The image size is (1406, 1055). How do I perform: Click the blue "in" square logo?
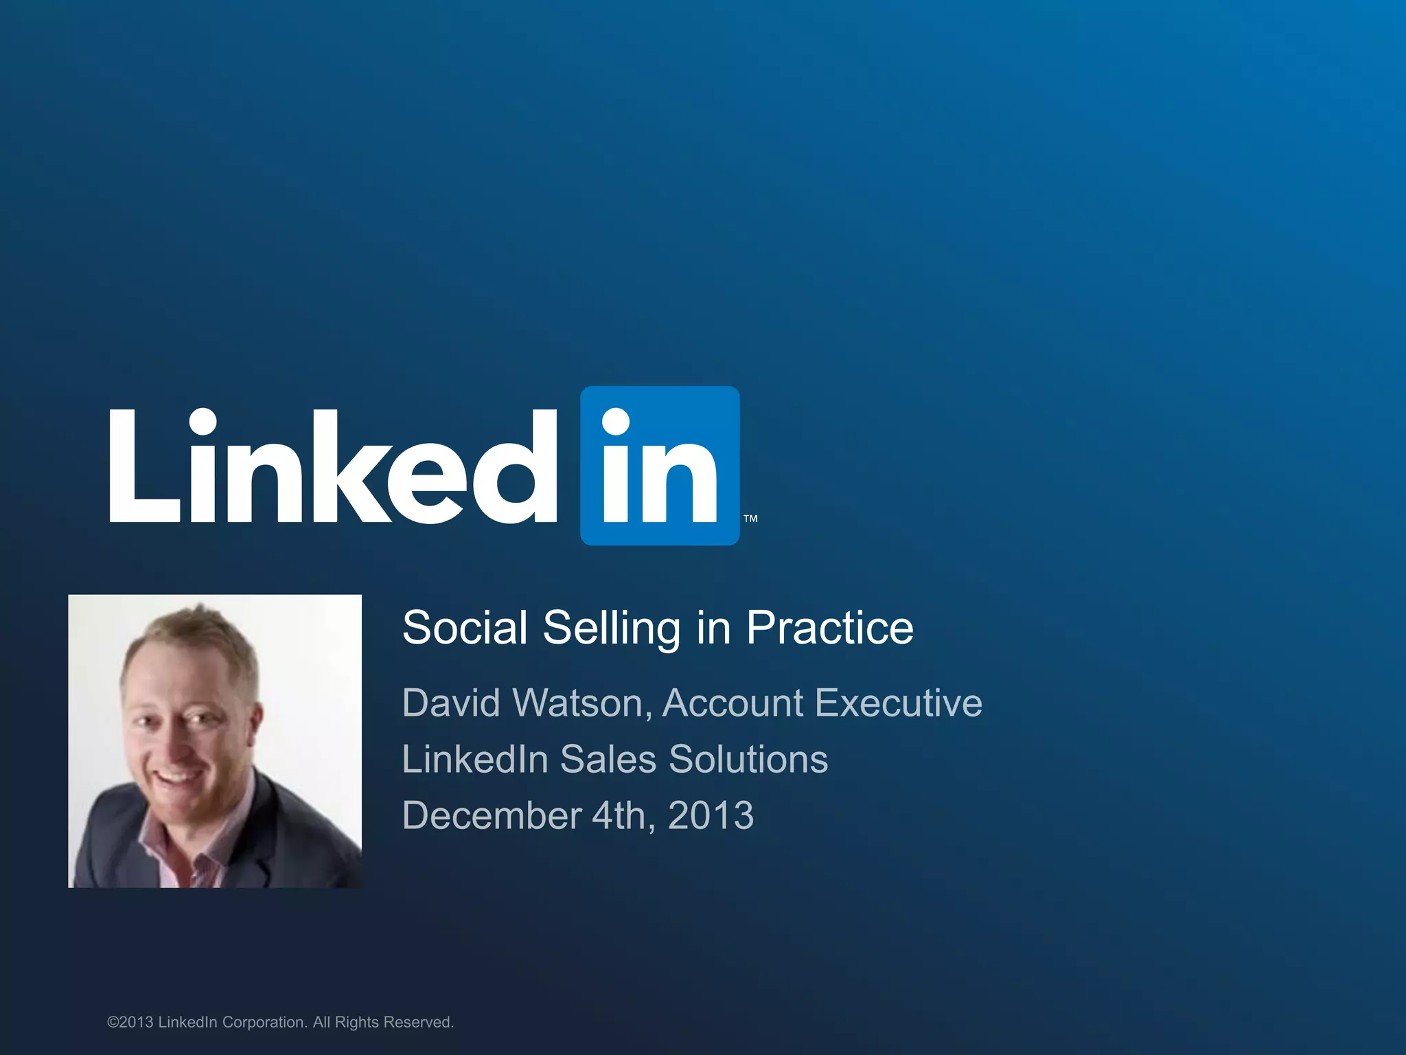(x=660, y=466)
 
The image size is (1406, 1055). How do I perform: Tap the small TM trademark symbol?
(x=750, y=519)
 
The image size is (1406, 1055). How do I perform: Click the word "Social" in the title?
(x=465, y=628)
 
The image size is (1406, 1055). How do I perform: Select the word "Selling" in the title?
(x=611, y=629)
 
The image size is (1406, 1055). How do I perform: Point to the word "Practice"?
(x=829, y=628)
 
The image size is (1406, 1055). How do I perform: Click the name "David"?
(x=451, y=703)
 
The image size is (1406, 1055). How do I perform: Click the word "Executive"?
(x=899, y=703)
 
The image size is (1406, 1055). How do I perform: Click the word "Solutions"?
(x=748, y=760)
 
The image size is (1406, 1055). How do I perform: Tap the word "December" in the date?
(x=492, y=816)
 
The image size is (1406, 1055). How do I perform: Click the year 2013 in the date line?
(x=711, y=816)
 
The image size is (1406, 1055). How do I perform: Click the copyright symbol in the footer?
(x=113, y=1023)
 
